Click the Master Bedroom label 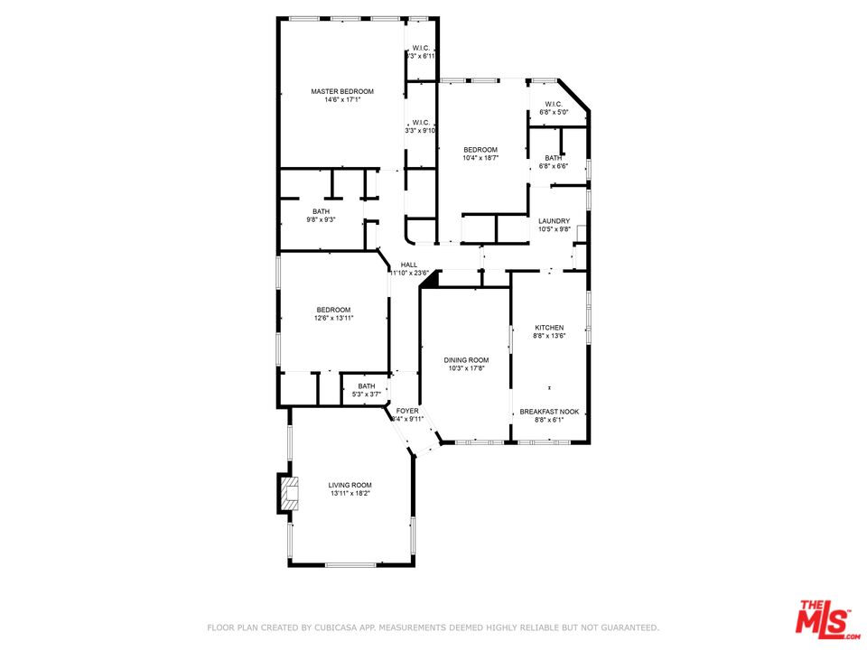pyautogui.click(x=342, y=91)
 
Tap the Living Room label pyautogui.click(x=350, y=485)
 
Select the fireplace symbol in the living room pyautogui.click(x=288, y=495)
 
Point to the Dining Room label pyautogui.click(x=467, y=359)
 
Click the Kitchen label pyautogui.click(x=549, y=328)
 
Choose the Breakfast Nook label pyautogui.click(x=549, y=412)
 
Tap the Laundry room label pyautogui.click(x=554, y=221)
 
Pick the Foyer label pyautogui.click(x=407, y=411)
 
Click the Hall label pyautogui.click(x=409, y=265)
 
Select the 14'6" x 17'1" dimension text pyautogui.click(x=342, y=100)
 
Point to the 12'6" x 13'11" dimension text pyautogui.click(x=333, y=318)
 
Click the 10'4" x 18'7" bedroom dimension pyautogui.click(x=480, y=158)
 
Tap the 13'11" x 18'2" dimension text pyautogui.click(x=350, y=493)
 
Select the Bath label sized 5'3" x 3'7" pyautogui.click(x=367, y=385)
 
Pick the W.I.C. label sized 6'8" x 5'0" pyautogui.click(x=554, y=104)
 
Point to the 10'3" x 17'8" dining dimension pyautogui.click(x=467, y=367)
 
